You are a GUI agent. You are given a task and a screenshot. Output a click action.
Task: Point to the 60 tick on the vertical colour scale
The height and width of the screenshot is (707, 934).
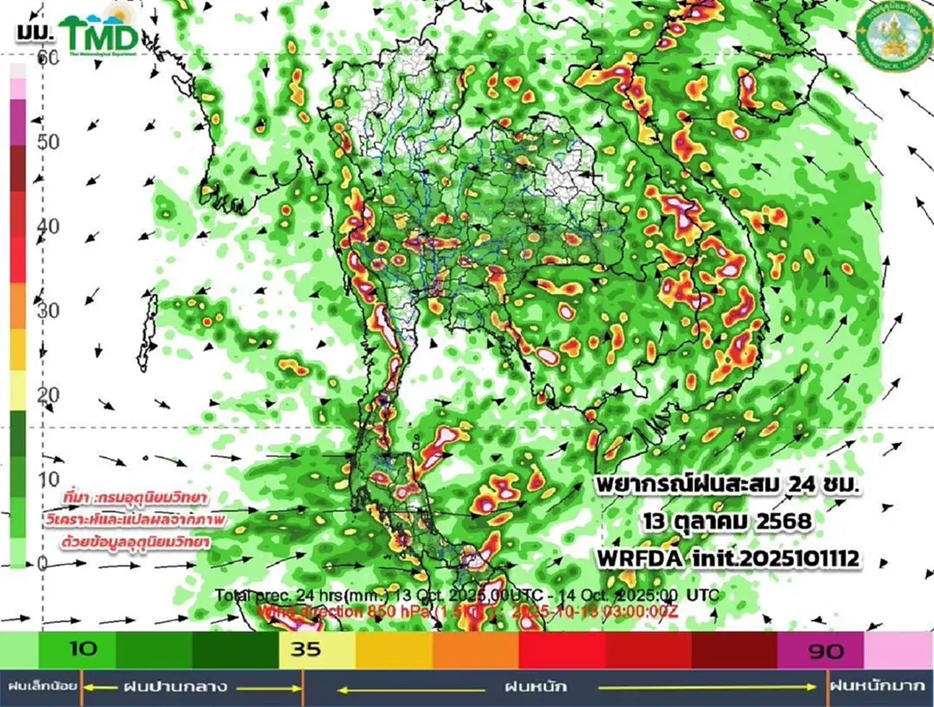[x=49, y=58]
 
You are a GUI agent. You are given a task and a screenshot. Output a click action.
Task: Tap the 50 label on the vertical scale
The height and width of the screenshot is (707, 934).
[x=49, y=142]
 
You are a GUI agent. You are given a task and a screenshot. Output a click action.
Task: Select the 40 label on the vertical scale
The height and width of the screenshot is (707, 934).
[x=49, y=226]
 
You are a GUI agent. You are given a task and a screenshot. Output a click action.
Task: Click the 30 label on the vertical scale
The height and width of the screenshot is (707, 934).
[x=49, y=310]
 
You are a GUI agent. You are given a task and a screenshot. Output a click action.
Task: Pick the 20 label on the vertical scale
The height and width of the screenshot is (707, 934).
[x=49, y=394]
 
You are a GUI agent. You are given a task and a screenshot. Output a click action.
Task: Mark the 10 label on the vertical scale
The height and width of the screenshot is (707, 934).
[x=49, y=478]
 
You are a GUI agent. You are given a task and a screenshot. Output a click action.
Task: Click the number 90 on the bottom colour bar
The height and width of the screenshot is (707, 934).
[x=825, y=649]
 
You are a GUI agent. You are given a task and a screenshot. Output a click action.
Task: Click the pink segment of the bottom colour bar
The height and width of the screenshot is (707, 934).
[x=898, y=649]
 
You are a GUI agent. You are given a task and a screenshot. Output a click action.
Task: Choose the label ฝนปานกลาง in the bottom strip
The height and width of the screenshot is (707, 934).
[x=175, y=687]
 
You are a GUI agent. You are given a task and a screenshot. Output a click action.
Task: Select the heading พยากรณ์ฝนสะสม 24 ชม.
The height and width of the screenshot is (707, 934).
[x=729, y=485]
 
